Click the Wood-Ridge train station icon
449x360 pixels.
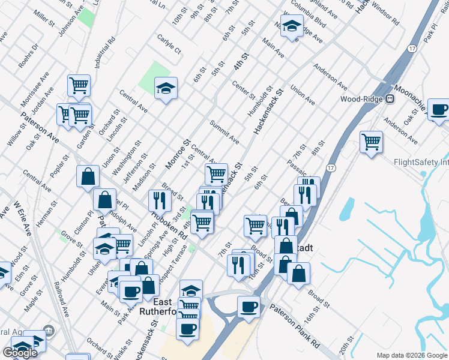pos(390,99)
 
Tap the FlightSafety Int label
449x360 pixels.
pos(421,162)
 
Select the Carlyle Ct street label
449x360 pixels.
pos(169,47)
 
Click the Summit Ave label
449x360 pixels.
pos(224,131)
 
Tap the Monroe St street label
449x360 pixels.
pos(178,154)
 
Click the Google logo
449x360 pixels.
pos(20,353)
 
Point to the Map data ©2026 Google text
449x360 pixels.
pos(412,355)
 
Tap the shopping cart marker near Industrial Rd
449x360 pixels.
pos(79,85)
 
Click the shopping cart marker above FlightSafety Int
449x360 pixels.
pos(372,142)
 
